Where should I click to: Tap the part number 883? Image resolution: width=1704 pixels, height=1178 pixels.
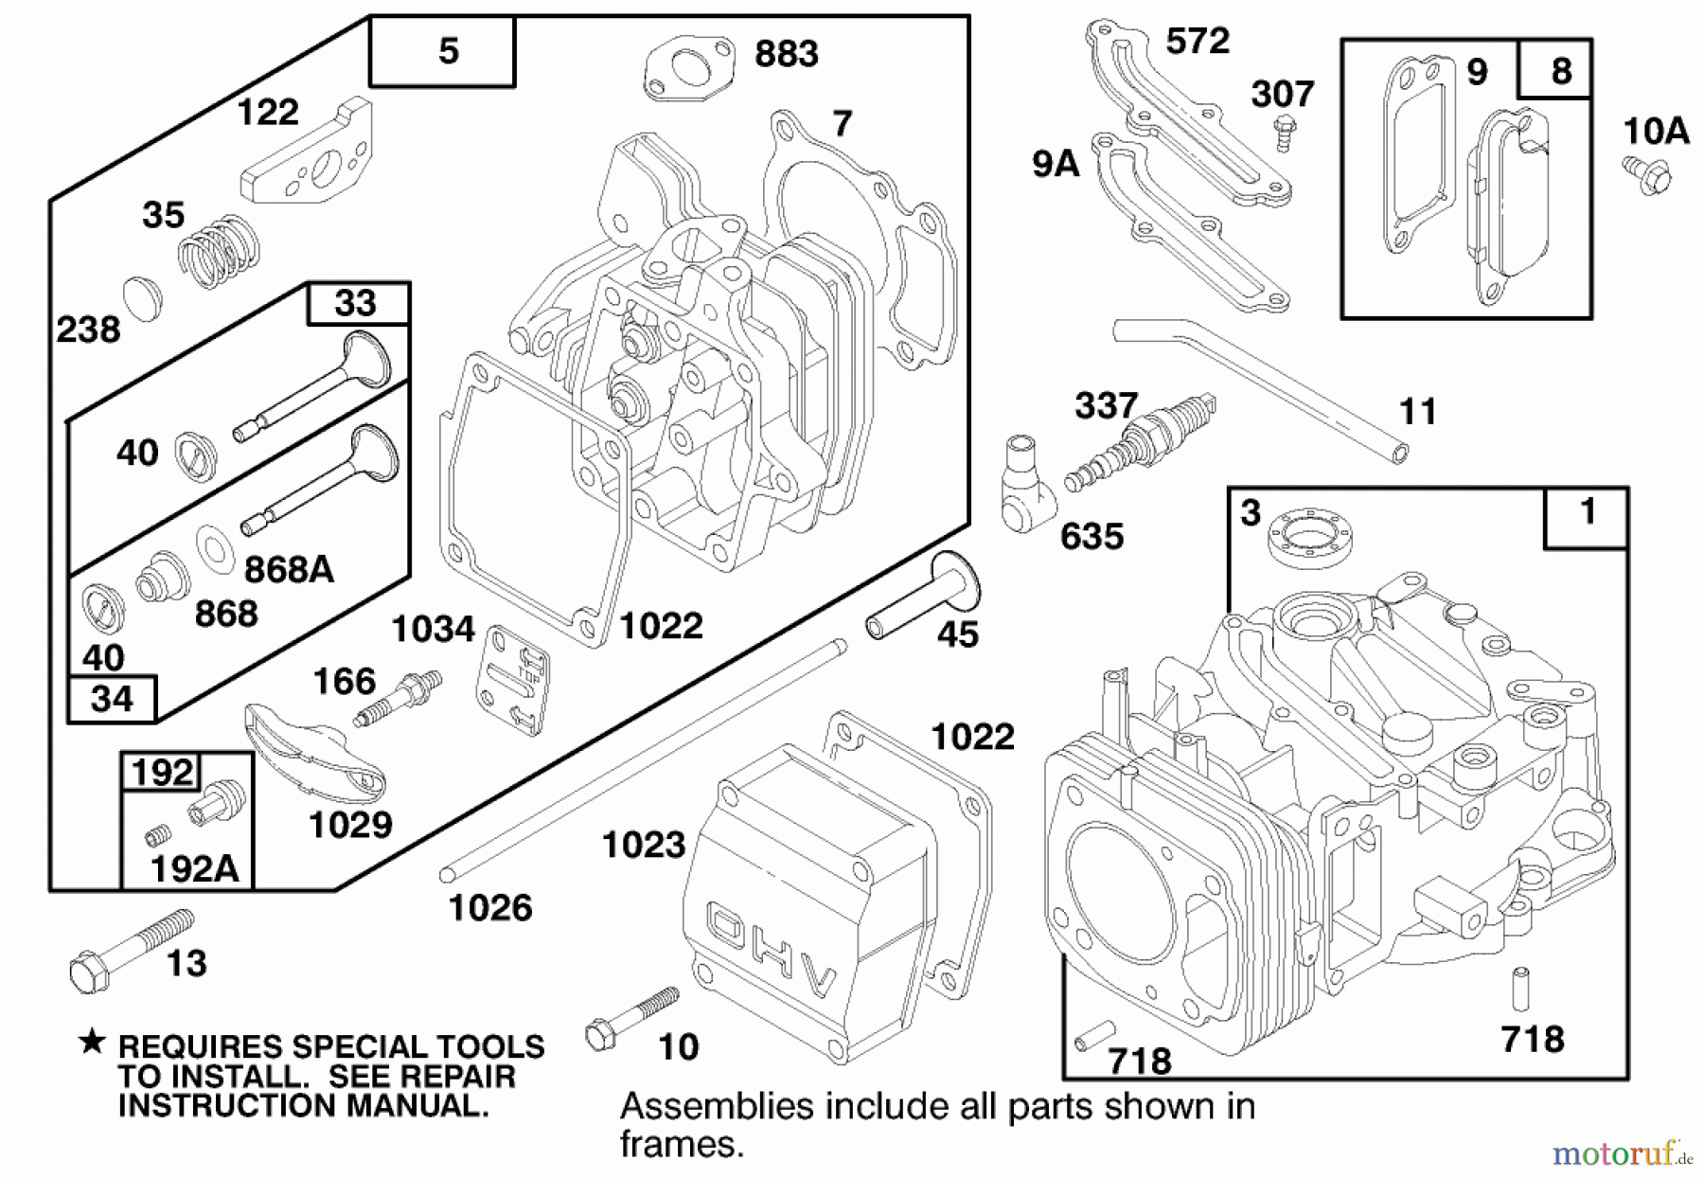coord(786,54)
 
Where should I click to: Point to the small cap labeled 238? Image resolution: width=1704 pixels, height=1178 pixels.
coord(144,298)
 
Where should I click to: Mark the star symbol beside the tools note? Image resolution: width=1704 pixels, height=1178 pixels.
coord(92,1044)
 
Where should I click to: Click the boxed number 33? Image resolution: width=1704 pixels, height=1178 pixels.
coord(357,303)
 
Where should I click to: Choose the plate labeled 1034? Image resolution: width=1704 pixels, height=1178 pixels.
coord(512,677)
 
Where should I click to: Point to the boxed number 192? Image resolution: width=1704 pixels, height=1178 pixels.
coord(162,772)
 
